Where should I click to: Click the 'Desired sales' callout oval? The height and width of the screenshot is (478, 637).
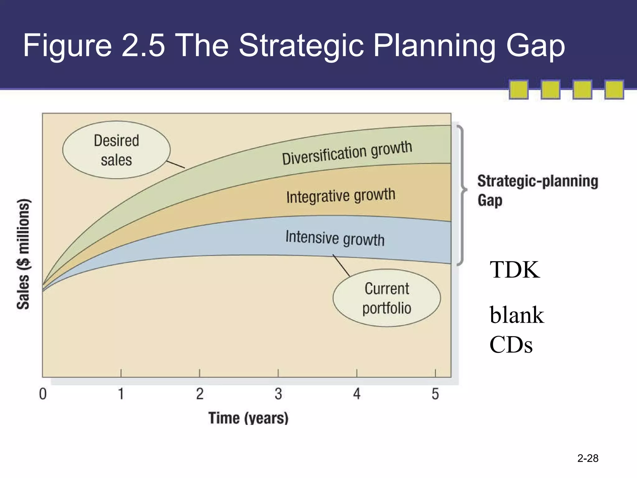116,150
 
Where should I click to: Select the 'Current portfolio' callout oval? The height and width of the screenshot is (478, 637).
387,298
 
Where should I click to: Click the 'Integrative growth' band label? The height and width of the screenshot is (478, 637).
341,196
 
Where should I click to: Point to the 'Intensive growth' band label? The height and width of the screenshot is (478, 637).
335,238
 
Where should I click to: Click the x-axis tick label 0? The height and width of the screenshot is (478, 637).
43,394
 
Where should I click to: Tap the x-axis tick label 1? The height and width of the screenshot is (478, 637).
121,394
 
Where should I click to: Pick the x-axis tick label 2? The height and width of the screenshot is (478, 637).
200,394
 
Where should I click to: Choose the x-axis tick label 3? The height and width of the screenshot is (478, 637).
278,394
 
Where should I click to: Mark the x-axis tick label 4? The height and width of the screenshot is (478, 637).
357,394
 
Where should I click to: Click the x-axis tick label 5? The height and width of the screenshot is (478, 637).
435,394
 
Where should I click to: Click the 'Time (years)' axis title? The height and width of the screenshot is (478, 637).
248,418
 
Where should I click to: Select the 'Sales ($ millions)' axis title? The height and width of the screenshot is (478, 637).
23,254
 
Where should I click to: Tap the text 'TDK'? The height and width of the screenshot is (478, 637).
515,269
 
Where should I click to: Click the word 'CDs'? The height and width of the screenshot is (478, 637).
511,345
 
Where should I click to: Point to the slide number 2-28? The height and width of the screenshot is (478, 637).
588,458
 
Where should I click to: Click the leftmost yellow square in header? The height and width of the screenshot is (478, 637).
518,90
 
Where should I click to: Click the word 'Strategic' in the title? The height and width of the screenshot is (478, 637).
301,46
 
